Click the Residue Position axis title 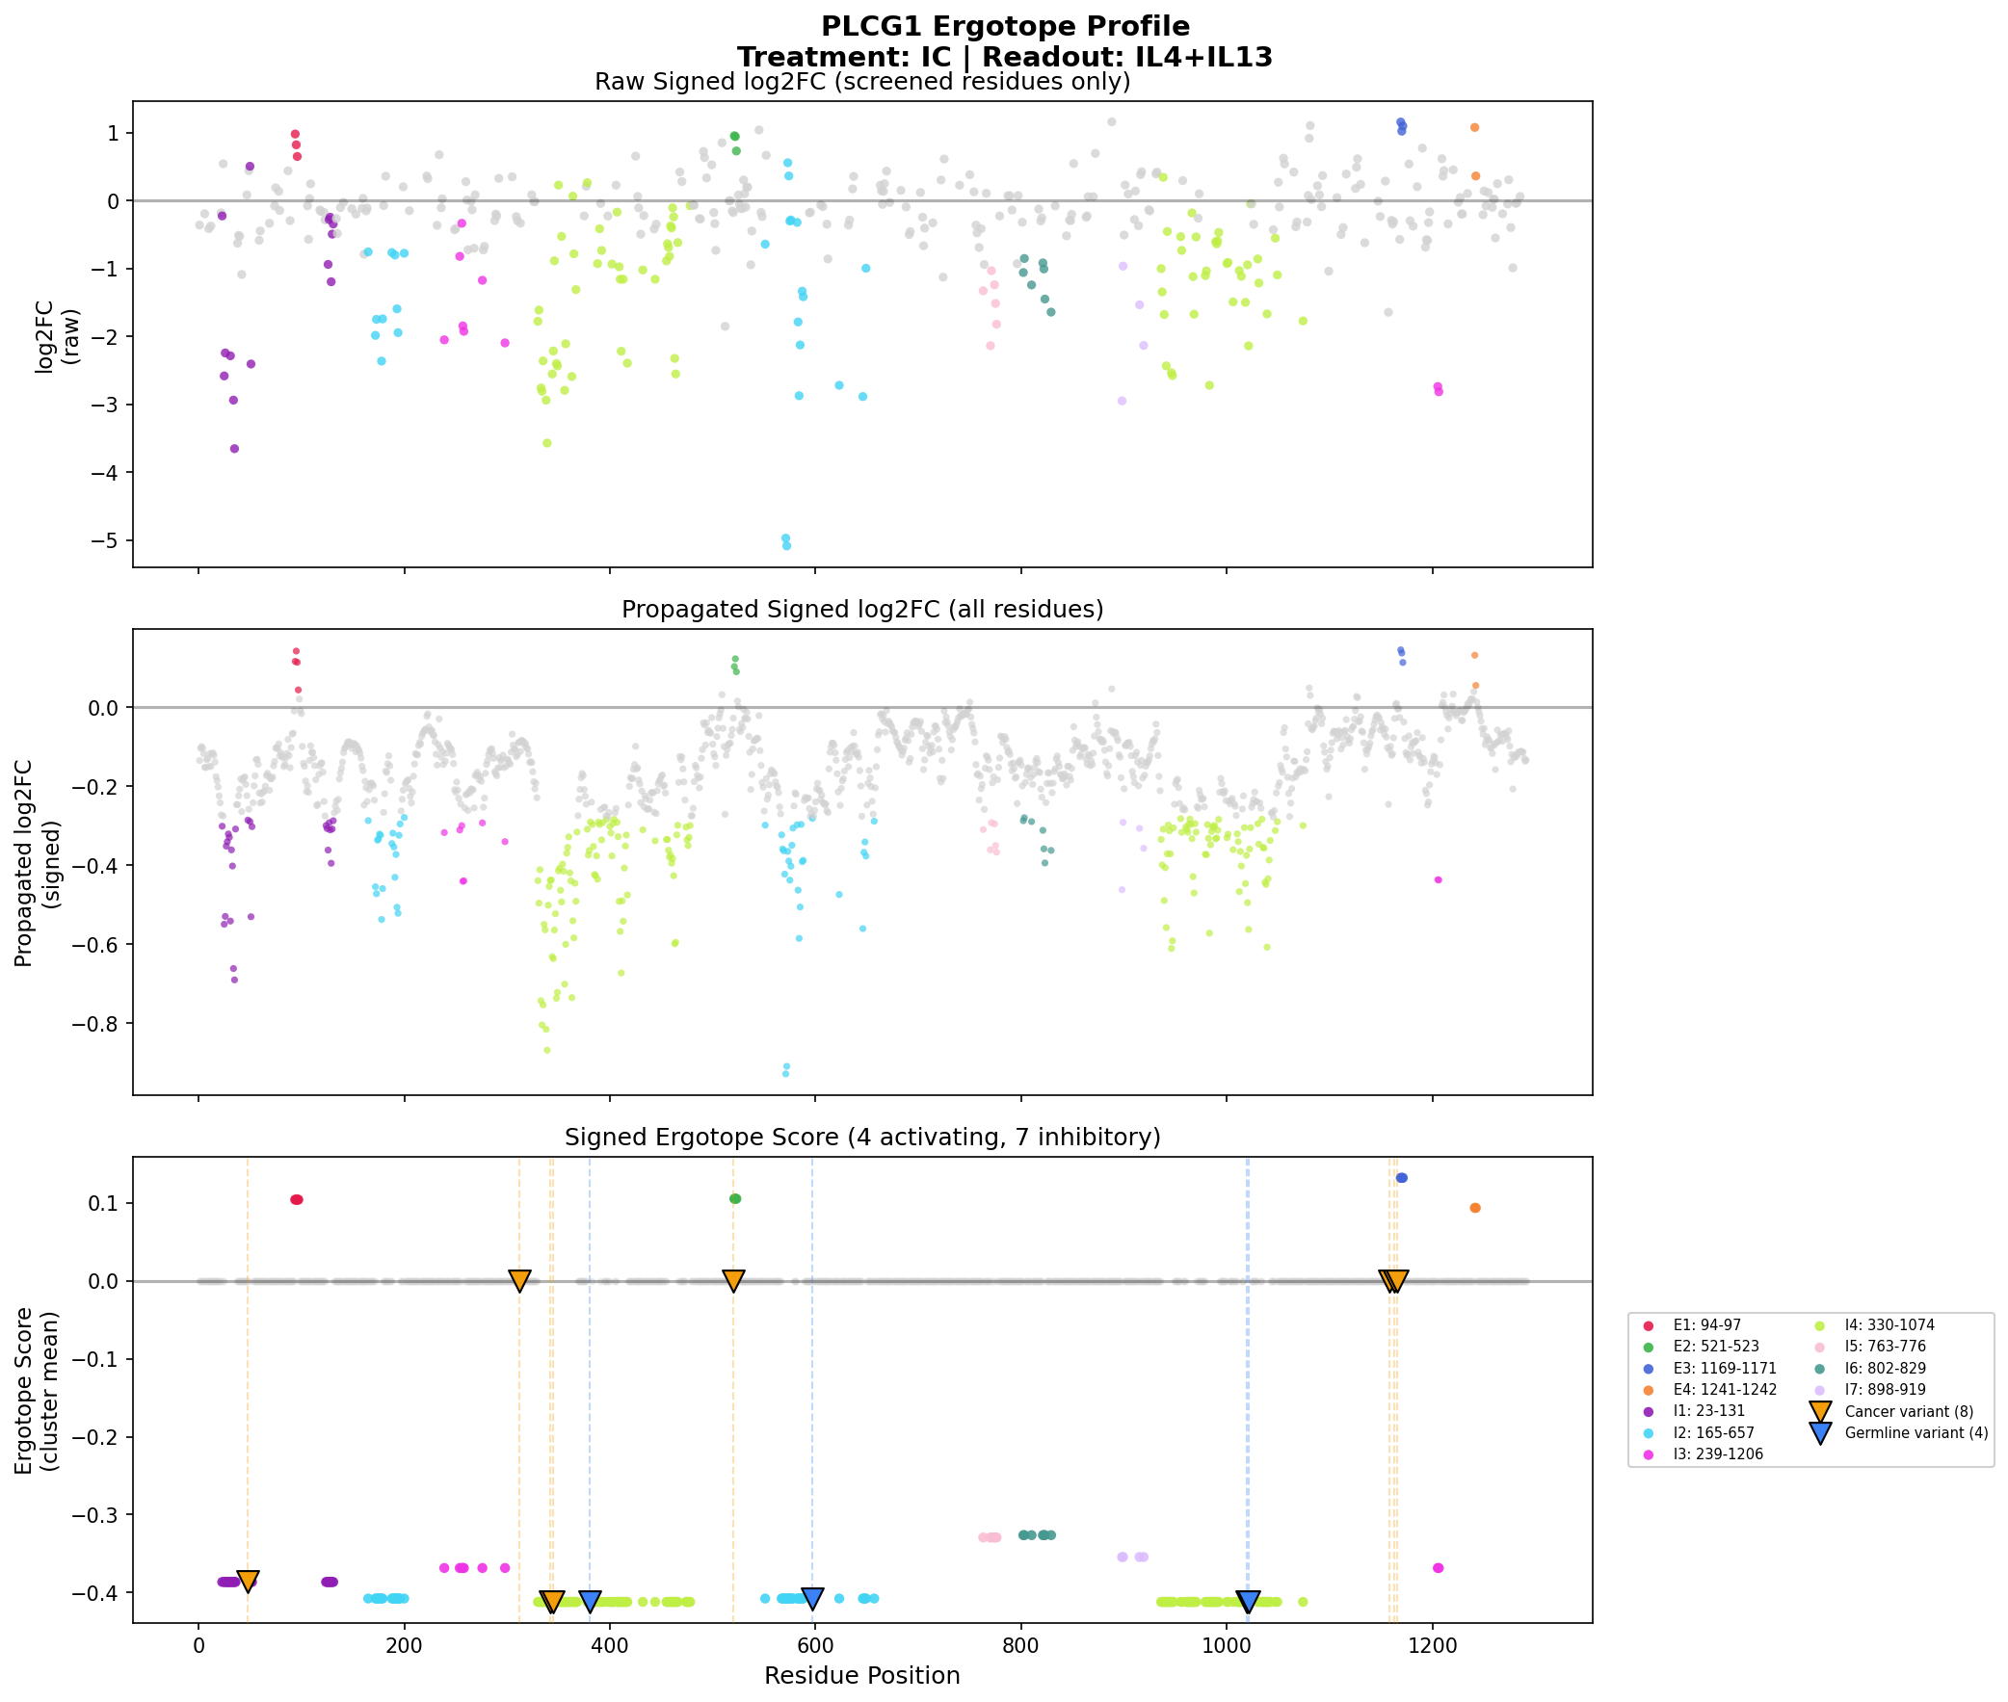click(x=861, y=1676)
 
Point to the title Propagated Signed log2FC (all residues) click(x=861, y=610)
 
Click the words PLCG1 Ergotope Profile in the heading click(x=1005, y=26)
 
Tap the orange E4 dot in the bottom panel click(x=1474, y=1208)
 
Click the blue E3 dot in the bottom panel click(x=1401, y=1178)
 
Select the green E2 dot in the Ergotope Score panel click(x=735, y=1198)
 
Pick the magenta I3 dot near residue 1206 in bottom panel click(x=1438, y=1568)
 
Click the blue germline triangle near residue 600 click(x=812, y=1598)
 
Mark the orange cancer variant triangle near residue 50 click(x=248, y=1581)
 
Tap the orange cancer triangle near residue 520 click(x=733, y=1280)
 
